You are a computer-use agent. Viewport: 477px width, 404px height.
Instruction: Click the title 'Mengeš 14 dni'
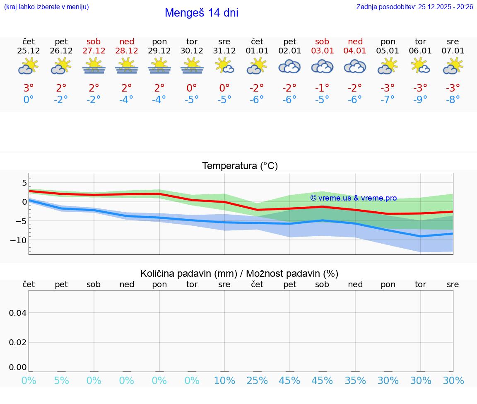point(201,13)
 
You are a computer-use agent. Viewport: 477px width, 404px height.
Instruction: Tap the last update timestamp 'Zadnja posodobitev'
point(414,7)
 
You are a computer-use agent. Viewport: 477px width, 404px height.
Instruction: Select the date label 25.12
point(29,51)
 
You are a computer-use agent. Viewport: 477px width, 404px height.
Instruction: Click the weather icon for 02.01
point(289,66)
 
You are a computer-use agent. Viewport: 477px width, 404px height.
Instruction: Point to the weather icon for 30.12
point(192,66)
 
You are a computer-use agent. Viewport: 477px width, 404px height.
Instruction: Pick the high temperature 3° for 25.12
point(29,88)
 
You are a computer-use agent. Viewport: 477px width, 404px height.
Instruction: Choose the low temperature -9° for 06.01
point(420,100)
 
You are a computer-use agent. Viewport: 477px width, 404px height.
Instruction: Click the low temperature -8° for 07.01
point(453,100)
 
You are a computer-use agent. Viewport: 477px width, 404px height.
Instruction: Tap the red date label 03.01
point(322,51)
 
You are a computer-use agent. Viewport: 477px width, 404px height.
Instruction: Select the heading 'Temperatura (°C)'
point(240,166)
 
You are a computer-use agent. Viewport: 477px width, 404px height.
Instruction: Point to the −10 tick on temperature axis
point(19,240)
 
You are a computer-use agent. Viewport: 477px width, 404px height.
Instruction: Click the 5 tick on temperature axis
point(24,183)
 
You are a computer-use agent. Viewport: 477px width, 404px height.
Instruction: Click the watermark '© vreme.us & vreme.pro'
point(353,198)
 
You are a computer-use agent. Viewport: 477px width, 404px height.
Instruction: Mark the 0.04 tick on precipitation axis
point(18,313)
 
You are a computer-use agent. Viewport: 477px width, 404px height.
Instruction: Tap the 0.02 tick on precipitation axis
point(18,342)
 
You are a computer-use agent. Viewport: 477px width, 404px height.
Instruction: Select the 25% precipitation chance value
point(257,380)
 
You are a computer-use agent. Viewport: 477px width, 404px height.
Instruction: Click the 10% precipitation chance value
point(224,380)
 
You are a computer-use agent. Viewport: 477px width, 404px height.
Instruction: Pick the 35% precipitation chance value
point(355,380)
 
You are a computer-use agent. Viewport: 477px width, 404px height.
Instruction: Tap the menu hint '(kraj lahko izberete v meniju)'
point(46,7)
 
